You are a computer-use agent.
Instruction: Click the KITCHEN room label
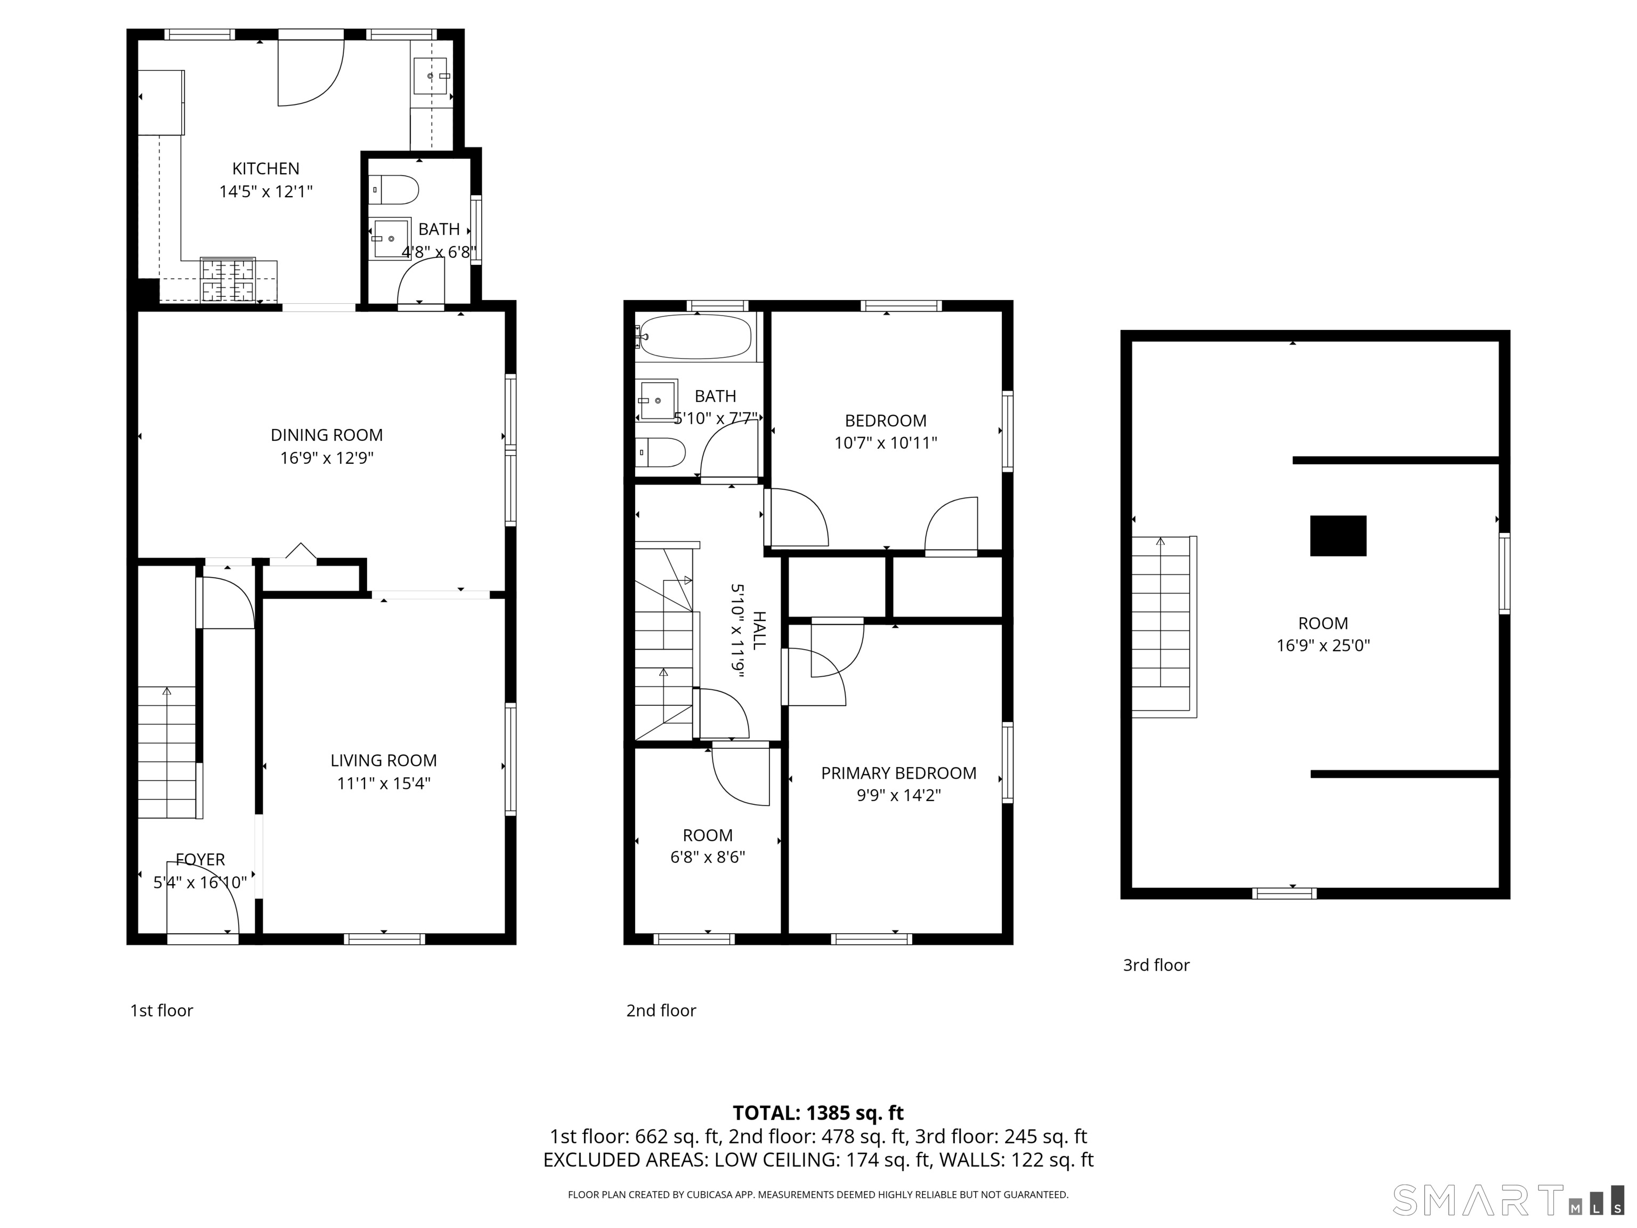pos(266,169)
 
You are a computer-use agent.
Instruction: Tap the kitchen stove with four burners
pos(228,280)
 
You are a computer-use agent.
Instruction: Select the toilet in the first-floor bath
pos(394,190)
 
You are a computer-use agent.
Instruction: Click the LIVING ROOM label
pos(383,760)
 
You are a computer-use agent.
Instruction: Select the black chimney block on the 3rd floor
pos(1338,536)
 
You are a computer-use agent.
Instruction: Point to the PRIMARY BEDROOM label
pos(898,773)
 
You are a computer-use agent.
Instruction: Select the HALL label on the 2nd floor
pos(759,631)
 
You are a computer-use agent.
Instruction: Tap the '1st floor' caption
pos(161,1011)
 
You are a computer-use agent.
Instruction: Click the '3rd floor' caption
pos(1156,965)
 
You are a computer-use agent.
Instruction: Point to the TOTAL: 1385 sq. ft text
pos(818,1112)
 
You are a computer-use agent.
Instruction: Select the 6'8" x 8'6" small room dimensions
pos(708,857)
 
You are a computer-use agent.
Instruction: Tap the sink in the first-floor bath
pos(391,238)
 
